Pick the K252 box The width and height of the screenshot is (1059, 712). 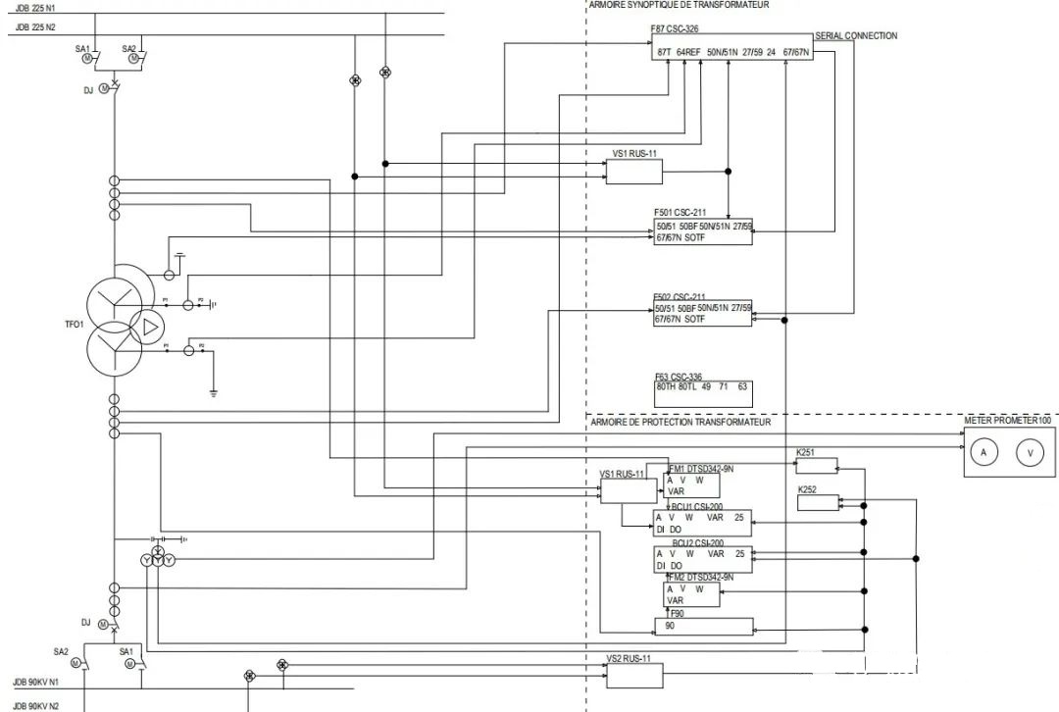coord(818,503)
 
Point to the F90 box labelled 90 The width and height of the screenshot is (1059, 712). coord(703,626)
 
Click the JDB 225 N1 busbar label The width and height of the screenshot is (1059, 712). coord(35,8)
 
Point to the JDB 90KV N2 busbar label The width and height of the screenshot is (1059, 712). coord(36,706)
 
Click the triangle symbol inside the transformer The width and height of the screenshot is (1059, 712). coord(149,328)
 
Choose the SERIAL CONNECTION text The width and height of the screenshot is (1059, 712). coord(856,36)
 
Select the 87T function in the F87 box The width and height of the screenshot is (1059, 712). coord(664,51)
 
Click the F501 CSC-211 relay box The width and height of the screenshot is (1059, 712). coord(703,231)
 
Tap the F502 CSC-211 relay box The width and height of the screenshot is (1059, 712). coord(703,313)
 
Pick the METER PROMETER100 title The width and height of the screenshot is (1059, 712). coord(1007,420)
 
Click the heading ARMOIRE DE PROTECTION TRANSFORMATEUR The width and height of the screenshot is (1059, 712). coord(681,422)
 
